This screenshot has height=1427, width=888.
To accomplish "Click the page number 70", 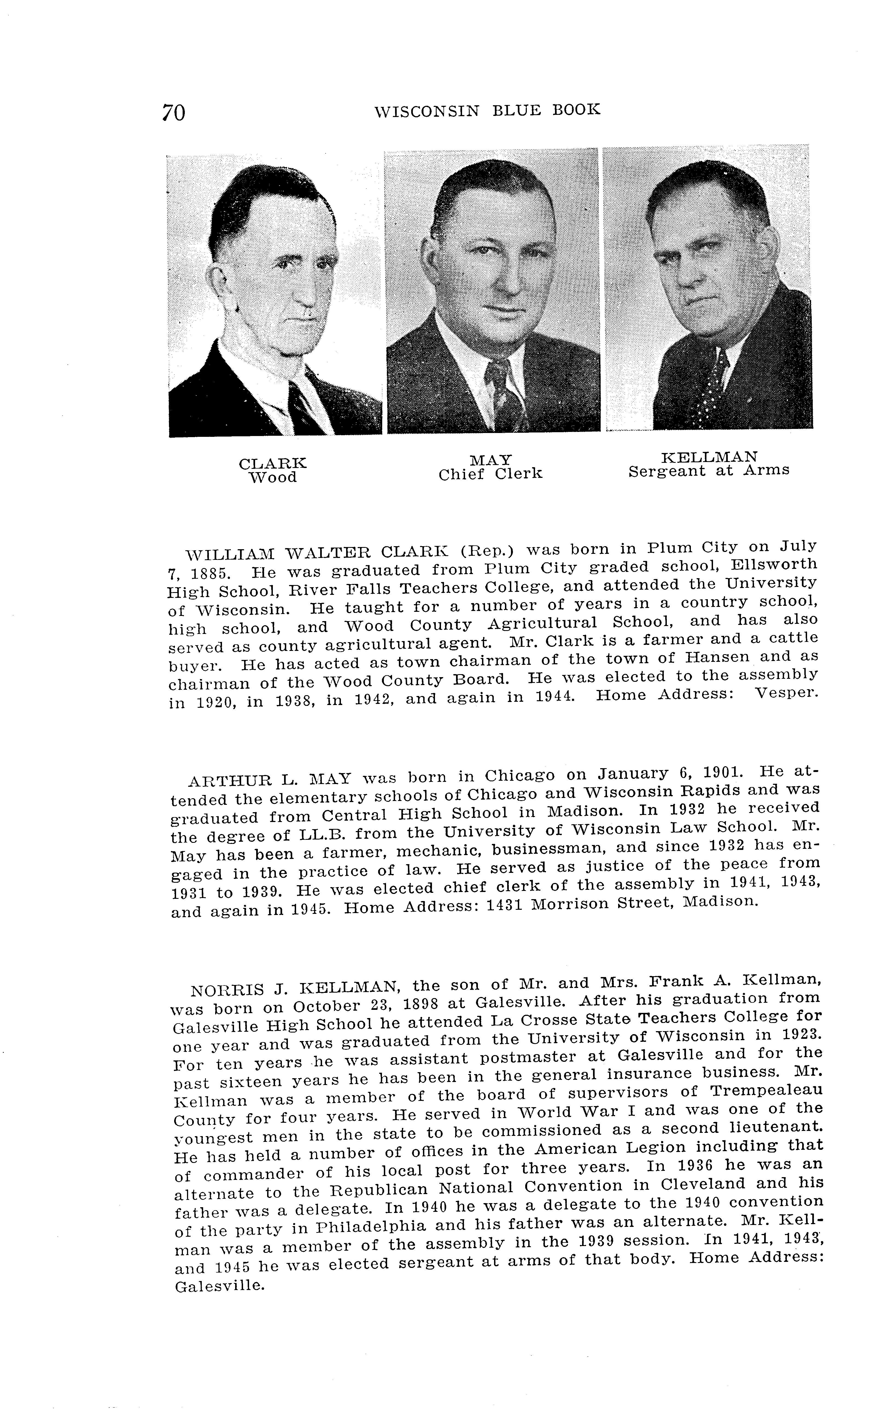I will (174, 112).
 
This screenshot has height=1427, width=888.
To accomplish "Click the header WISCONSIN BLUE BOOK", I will (487, 110).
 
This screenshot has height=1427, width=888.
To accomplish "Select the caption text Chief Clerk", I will (490, 473).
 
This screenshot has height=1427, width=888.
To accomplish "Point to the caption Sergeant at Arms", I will (709, 470).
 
